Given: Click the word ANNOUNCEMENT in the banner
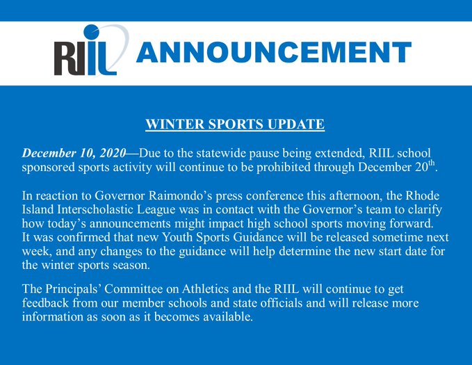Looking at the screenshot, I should tap(272, 52).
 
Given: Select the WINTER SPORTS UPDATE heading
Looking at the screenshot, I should tap(235, 125).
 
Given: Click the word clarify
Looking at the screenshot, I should tap(430, 210).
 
